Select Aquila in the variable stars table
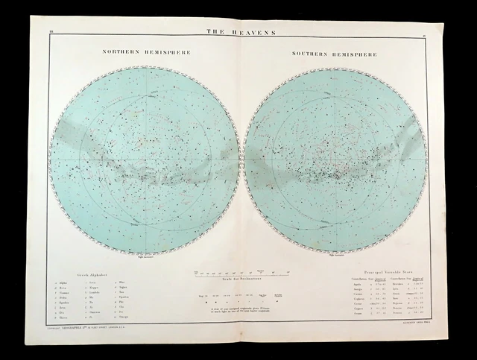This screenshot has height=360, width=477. pyautogui.click(x=358, y=285)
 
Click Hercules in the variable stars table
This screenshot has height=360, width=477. pyautogui.click(x=400, y=285)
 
